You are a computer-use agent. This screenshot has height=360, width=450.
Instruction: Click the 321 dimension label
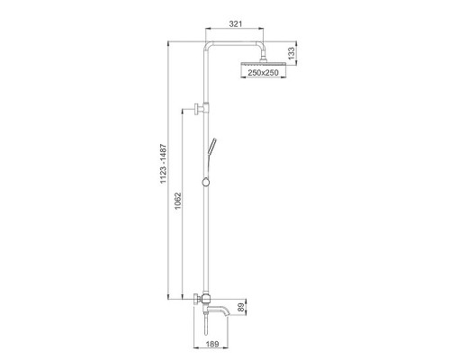[x=236, y=24]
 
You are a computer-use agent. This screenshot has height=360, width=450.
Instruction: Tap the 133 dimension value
[x=292, y=53]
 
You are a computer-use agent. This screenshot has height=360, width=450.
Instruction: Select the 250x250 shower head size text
[x=263, y=73]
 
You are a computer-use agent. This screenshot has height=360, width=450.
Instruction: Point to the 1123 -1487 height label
[x=163, y=164]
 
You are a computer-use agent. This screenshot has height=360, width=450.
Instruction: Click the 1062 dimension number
[x=178, y=202]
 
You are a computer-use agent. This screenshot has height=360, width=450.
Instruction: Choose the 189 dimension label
[x=212, y=344]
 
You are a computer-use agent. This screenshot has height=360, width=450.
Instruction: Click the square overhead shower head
[x=264, y=65]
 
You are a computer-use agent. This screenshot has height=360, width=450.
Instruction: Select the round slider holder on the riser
[x=206, y=182]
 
